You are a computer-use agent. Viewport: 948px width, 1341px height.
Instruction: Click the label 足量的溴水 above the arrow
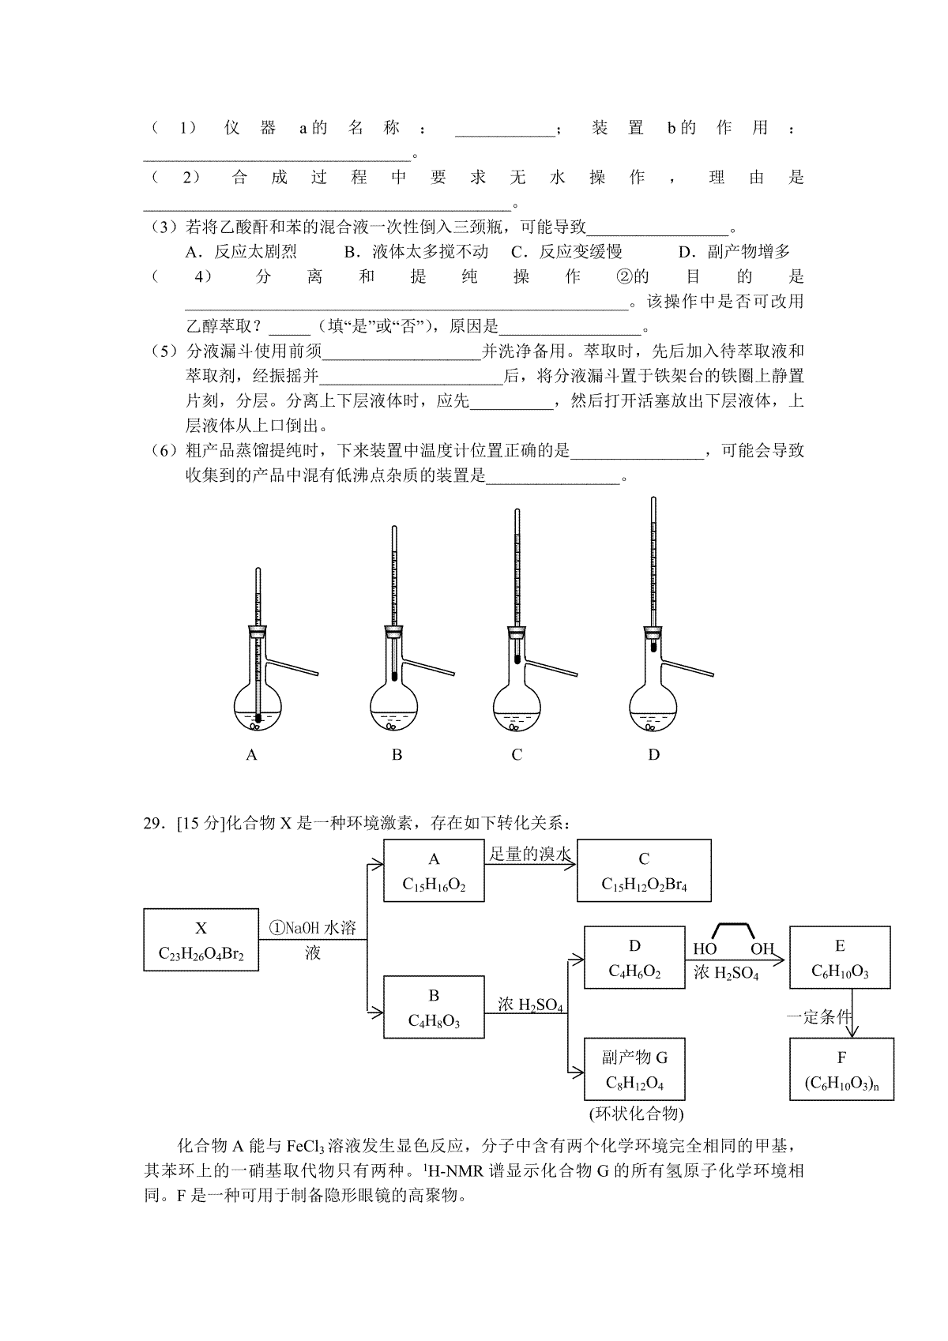tap(530, 855)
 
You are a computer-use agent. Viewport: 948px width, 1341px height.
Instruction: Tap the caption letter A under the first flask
tap(251, 755)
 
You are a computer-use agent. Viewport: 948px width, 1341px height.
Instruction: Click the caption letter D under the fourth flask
tap(653, 755)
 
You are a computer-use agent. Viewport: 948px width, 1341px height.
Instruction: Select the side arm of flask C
tap(551, 669)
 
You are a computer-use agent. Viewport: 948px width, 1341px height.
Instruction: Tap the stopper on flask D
tap(653, 631)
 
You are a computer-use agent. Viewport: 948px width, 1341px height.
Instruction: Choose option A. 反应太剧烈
tap(241, 252)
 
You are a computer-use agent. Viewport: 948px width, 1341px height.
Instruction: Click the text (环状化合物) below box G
tap(636, 1114)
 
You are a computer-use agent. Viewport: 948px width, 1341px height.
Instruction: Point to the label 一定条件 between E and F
tap(818, 1016)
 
